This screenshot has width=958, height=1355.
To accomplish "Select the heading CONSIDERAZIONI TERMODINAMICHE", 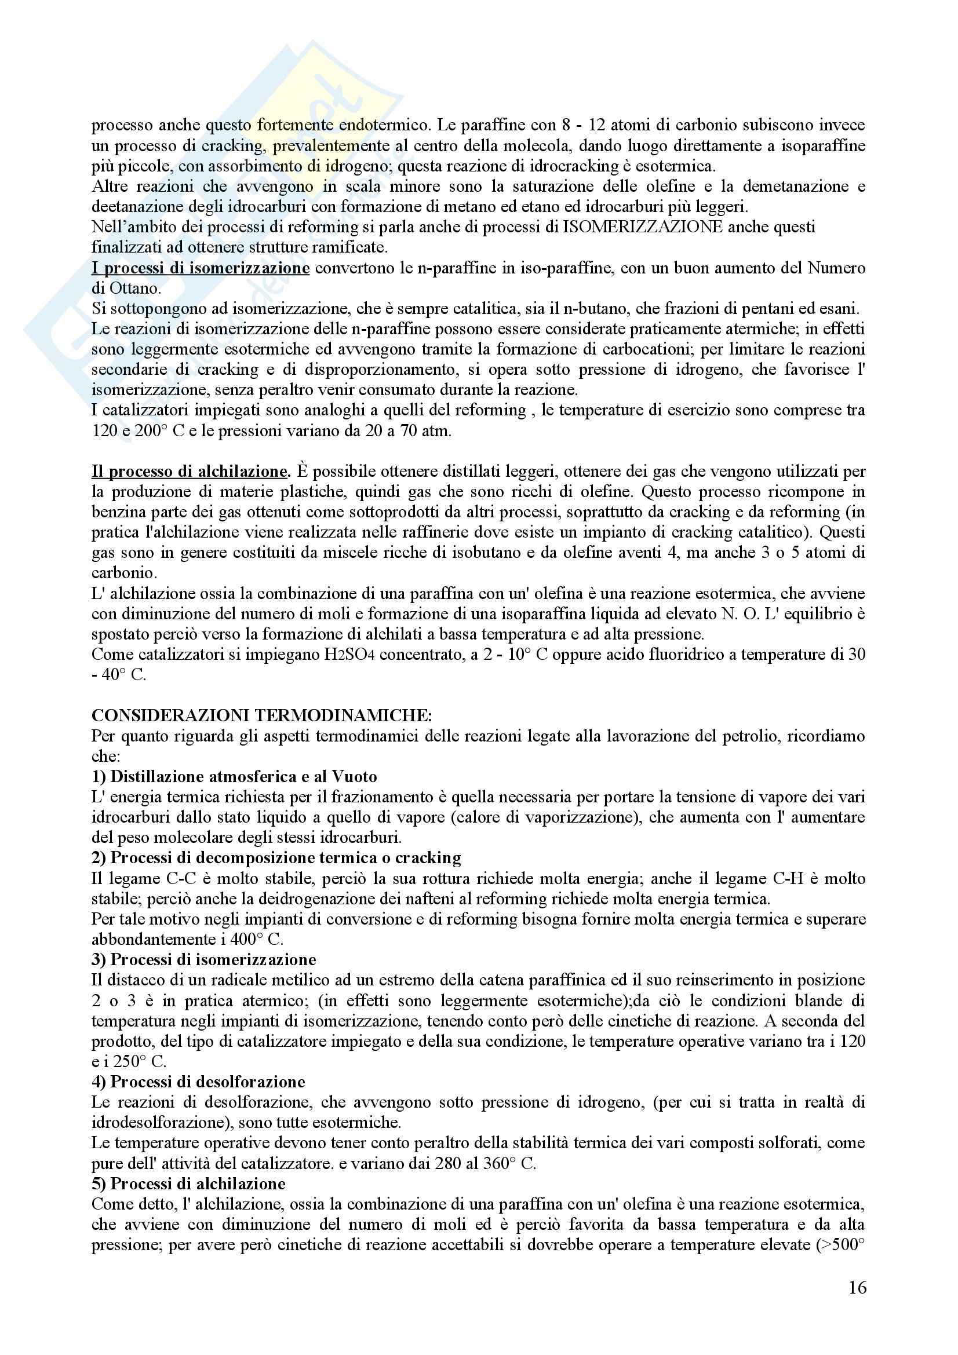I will (x=261, y=716).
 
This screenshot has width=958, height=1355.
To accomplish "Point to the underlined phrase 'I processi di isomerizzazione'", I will (x=200, y=269).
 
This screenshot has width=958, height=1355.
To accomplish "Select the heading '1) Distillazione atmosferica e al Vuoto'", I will (x=234, y=777).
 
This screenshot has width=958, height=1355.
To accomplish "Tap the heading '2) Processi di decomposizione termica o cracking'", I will (x=276, y=857).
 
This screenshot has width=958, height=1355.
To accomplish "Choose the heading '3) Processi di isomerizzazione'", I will (x=203, y=959).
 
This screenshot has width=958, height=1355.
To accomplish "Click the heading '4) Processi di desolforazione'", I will (x=198, y=1082).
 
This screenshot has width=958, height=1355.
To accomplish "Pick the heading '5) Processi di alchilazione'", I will (x=188, y=1184).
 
